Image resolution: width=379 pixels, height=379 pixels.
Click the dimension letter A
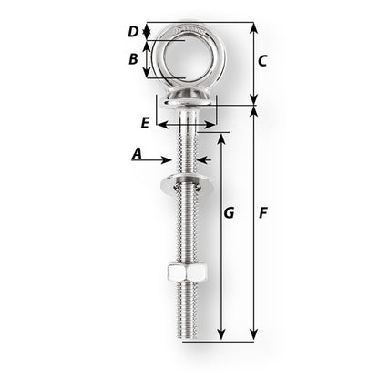(x=138, y=154)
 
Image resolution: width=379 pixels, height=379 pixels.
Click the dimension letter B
(x=133, y=59)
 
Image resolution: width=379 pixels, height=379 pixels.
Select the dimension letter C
(x=262, y=61)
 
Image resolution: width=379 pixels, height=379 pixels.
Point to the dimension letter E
(x=145, y=121)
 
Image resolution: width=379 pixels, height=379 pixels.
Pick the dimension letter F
(x=262, y=213)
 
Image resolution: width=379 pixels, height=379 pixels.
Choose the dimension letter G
(x=230, y=213)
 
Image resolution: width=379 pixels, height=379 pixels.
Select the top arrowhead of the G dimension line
(x=220, y=135)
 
